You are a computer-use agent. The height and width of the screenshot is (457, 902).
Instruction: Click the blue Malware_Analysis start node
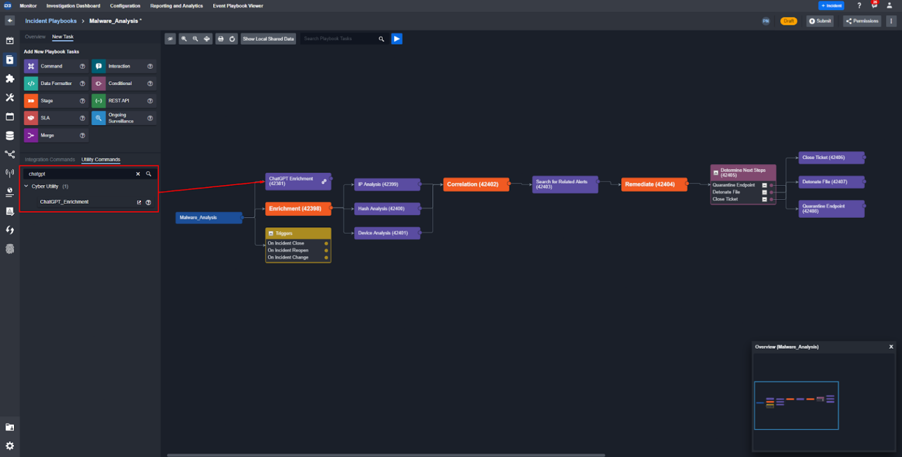tap(208, 218)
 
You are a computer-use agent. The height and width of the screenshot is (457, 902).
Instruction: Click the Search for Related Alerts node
tap(564, 184)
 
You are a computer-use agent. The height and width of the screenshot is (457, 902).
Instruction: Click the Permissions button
tap(862, 21)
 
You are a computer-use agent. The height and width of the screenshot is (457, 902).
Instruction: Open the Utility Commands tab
tap(100, 160)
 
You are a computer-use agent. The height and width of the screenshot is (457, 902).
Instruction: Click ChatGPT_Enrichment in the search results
tap(64, 202)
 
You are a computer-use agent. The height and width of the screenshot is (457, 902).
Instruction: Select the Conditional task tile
tap(120, 83)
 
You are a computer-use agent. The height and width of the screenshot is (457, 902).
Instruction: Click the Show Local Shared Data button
tap(268, 39)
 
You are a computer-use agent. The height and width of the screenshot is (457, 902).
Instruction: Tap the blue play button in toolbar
tap(397, 39)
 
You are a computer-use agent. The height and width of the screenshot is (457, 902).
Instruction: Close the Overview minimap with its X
tap(891, 347)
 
